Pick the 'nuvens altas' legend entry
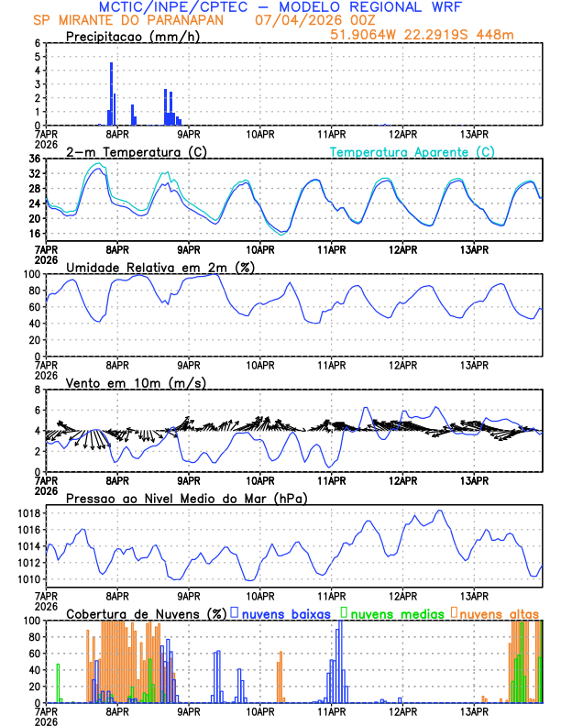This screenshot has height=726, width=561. [500, 612]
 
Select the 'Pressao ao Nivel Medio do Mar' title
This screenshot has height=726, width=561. [186, 498]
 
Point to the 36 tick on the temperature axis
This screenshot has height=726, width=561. [35, 159]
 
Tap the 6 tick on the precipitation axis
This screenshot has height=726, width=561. [38, 43]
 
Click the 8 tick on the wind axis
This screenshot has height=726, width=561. [38, 390]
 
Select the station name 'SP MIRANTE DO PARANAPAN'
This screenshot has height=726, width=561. [136, 20]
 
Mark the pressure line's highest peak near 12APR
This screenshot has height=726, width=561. [440, 511]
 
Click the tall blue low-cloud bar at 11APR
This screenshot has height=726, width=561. [340, 660]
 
